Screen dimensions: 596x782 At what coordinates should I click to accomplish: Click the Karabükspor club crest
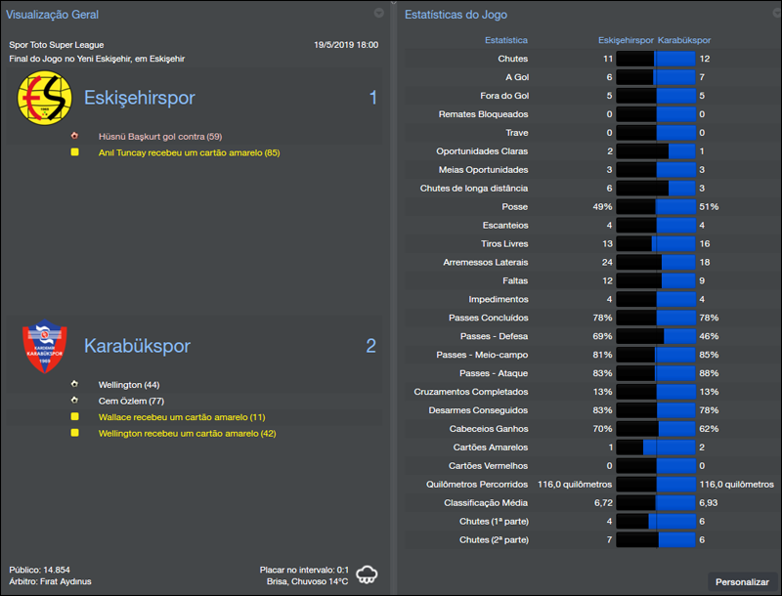45,346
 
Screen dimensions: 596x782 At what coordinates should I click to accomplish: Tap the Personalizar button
742,581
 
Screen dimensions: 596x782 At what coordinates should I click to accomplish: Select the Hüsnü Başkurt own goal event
160,136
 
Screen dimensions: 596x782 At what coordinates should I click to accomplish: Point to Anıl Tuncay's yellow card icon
74,152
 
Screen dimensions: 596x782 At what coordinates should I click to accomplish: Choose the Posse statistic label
514,207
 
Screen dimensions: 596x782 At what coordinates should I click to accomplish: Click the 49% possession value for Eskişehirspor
601,207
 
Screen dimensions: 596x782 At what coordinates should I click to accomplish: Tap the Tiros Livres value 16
705,244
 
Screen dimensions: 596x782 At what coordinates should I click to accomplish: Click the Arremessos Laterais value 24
606,263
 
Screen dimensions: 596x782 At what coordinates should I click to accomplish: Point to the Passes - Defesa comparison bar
655,336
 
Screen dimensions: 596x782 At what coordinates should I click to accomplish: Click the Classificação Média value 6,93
709,501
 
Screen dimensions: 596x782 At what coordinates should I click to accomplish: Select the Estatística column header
506,41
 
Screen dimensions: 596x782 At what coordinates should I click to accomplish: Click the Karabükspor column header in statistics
683,41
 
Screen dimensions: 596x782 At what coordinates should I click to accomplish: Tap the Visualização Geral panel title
53,15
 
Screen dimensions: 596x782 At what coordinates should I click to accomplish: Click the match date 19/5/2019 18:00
346,45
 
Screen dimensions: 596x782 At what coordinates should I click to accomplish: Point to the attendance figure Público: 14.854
39,569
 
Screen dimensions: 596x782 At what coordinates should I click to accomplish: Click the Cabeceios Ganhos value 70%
603,428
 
